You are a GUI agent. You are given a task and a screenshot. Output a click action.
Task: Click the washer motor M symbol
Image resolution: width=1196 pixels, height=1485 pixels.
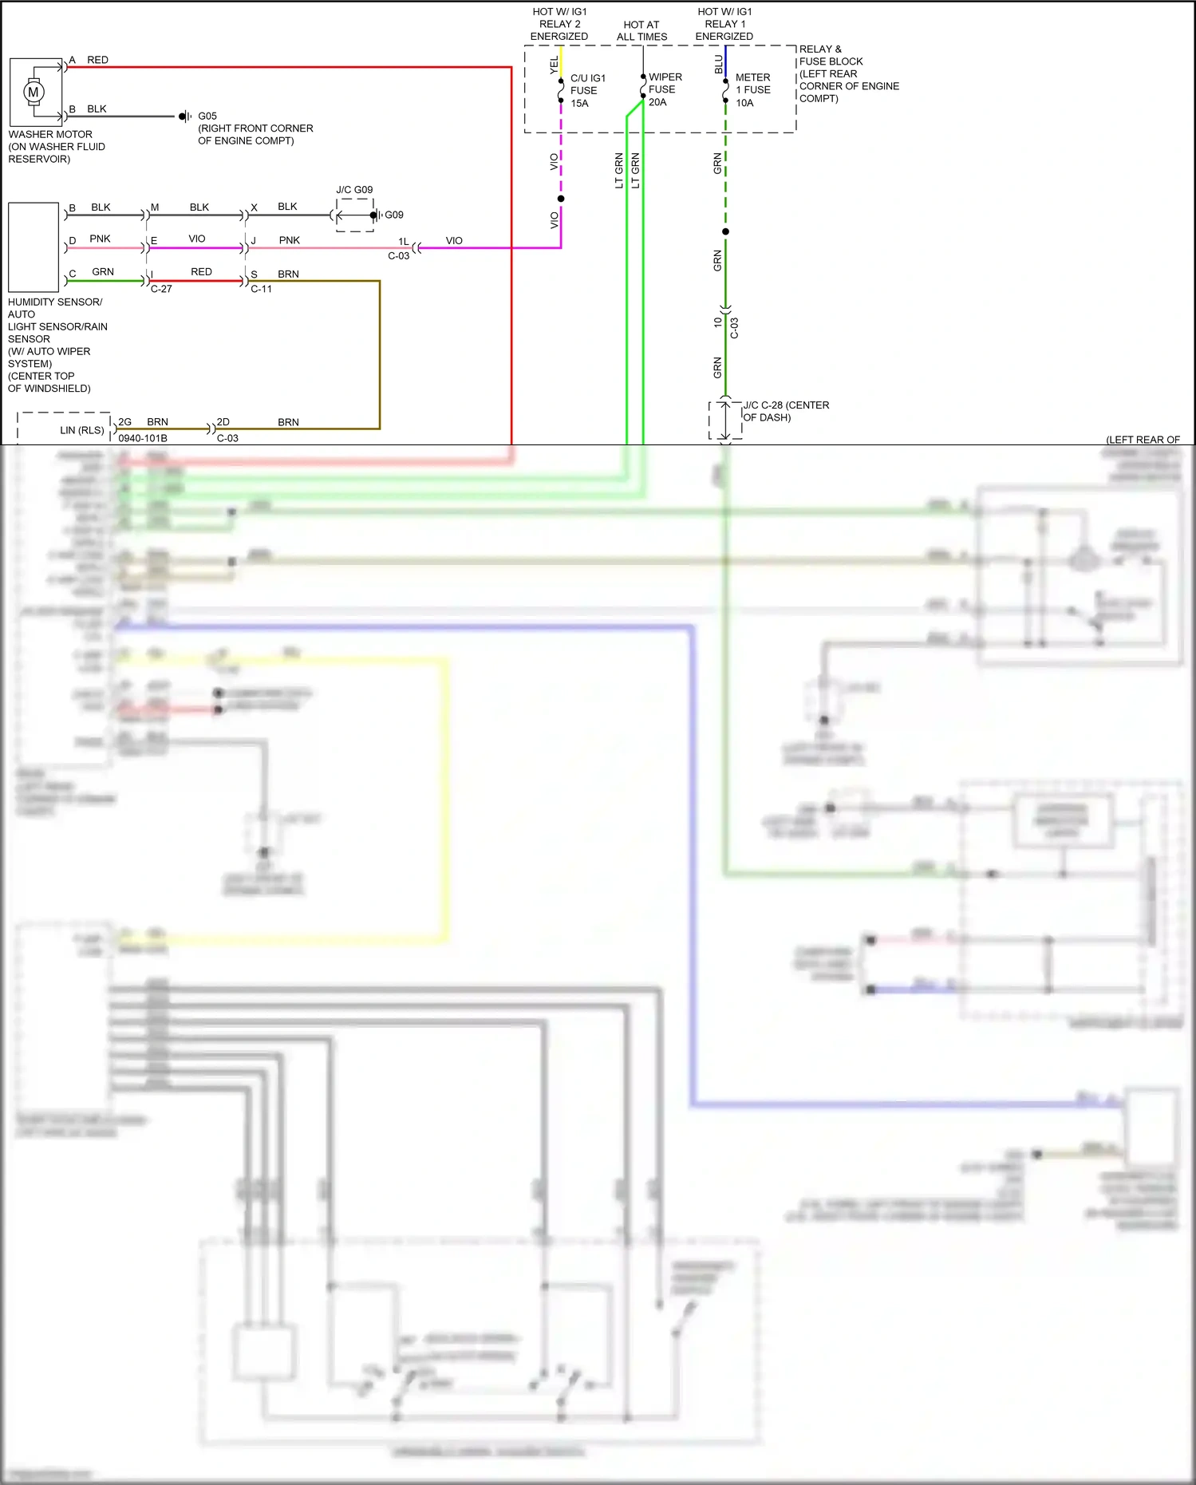tap(34, 92)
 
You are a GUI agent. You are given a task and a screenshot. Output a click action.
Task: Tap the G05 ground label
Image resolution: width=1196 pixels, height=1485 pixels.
tap(207, 116)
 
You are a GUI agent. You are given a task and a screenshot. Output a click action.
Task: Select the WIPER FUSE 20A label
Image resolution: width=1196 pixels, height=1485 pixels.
tap(665, 89)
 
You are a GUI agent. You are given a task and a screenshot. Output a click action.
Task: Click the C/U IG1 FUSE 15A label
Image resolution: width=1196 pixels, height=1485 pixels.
tap(587, 90)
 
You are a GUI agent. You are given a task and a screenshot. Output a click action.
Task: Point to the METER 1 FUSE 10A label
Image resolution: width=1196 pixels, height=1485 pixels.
tap(752, 90)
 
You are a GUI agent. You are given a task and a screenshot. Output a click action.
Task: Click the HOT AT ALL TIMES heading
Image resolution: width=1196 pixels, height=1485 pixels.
tap(641, 30)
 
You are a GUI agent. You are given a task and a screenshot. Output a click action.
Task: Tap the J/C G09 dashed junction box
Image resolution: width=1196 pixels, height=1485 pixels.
tap(355, 215)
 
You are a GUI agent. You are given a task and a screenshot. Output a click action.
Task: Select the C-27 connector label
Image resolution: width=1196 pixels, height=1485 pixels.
tap(161, 289)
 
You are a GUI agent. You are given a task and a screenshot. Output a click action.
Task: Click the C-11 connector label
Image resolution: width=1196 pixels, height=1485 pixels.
tap(261, 289)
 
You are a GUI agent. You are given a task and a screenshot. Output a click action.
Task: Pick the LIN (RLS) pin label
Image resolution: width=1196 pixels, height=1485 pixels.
tap(81, 430)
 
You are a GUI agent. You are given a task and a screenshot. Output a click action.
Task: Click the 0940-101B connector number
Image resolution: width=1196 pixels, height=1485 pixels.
tap(143, 438)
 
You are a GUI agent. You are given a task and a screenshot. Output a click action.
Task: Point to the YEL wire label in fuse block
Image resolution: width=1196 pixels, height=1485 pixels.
tap(555, 65)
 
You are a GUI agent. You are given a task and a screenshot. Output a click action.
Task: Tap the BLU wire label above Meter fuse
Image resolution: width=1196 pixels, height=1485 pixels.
tap(719, 65)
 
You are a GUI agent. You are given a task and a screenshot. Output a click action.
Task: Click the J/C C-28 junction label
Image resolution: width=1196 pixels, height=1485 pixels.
tap(786, 411)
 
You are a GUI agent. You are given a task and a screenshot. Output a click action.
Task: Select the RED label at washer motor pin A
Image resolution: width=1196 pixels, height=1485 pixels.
tap(97, 60)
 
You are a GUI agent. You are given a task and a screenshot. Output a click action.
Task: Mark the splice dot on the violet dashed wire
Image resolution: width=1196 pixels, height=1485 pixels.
tap(561, 199)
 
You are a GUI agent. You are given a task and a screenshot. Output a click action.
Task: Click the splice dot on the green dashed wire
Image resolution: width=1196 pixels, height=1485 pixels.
tap(725, 232)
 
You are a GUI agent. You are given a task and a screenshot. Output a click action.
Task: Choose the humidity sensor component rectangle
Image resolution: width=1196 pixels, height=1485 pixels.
tap(34, 247)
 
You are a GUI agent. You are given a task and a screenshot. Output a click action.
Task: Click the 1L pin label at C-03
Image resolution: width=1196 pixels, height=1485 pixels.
tap(404, 241)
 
